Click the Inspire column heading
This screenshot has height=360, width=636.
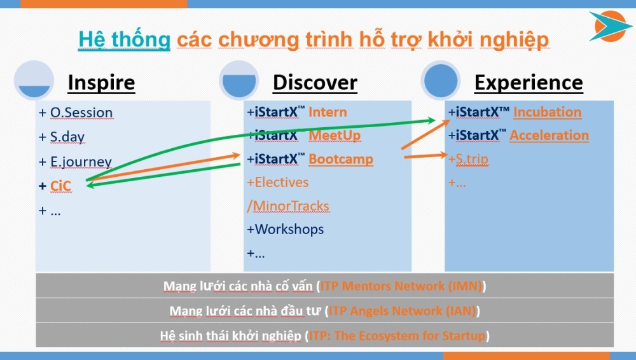click(101, 83)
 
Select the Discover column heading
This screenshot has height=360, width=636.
click(315, 83)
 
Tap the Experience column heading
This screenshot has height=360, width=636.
click(529, 83)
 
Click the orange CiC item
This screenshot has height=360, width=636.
click(60, 186)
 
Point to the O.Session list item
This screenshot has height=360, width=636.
click(81, 113)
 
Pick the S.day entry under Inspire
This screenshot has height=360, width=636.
click(67, 137)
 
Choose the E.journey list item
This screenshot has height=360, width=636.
click(81, 162)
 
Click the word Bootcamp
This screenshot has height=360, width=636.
click(341, 159)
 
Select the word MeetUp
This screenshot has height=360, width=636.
click(335, 135)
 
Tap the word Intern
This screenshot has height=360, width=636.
click(328, 112)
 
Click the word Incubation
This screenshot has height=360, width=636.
click(547, 112)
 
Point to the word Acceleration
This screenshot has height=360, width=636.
click(550, 135)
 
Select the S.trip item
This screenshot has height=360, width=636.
click(472, 158)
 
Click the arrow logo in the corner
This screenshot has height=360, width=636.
click(610, 26)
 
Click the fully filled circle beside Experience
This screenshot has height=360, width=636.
click(441, 81)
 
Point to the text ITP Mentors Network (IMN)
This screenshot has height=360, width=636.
click(401, 286)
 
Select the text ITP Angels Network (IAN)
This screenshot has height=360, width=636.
click(402, 311)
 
